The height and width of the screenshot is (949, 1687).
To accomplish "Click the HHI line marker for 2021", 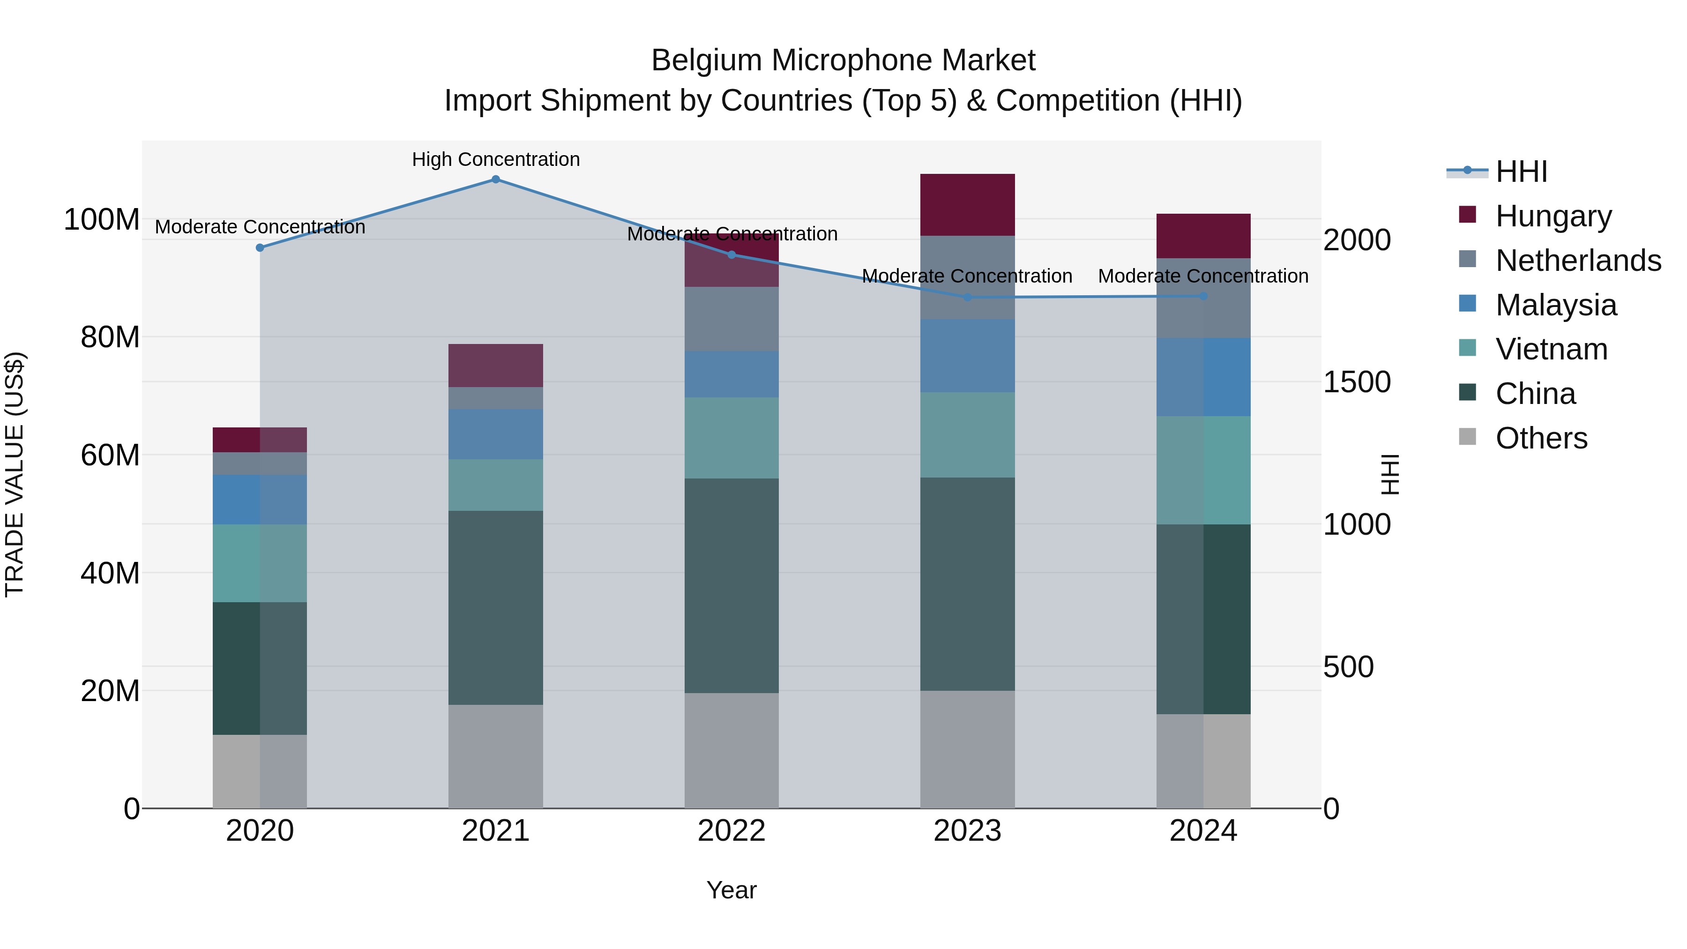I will pyautogui.click(x=496, y=179).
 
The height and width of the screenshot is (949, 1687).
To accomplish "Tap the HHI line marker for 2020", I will pyautogui.click(x=260, y=247).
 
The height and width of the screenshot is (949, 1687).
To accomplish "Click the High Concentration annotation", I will pyautogui.click(x=496, y=159).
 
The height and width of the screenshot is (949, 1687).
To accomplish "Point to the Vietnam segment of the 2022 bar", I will pyautogui.click(x=732, y=438).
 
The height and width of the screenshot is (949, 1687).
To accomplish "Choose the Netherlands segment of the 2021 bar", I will pyautogui.click(x=496, y=398).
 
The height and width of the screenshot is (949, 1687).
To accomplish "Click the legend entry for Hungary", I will pyautogui.click(x=1553, y=216).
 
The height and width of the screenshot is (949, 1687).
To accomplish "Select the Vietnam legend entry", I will pyautogui.click(x=1551, y=349).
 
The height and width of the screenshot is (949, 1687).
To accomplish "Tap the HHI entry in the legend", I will pyautogui.click(x=1521, y=172).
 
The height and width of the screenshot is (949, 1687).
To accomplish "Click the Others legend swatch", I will pyautogui.click(x=1468, y=437).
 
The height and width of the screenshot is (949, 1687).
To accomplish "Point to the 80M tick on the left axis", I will pyautogui.click(x=110, y=337).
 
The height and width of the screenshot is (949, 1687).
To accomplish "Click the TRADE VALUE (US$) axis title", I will pyautogui.click(x=15, y=474).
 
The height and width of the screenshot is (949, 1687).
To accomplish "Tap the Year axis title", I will pyautogui.click(x=732, y=890).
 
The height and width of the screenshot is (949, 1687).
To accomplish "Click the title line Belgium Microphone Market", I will pyautogui.click(x=843, y=60).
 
